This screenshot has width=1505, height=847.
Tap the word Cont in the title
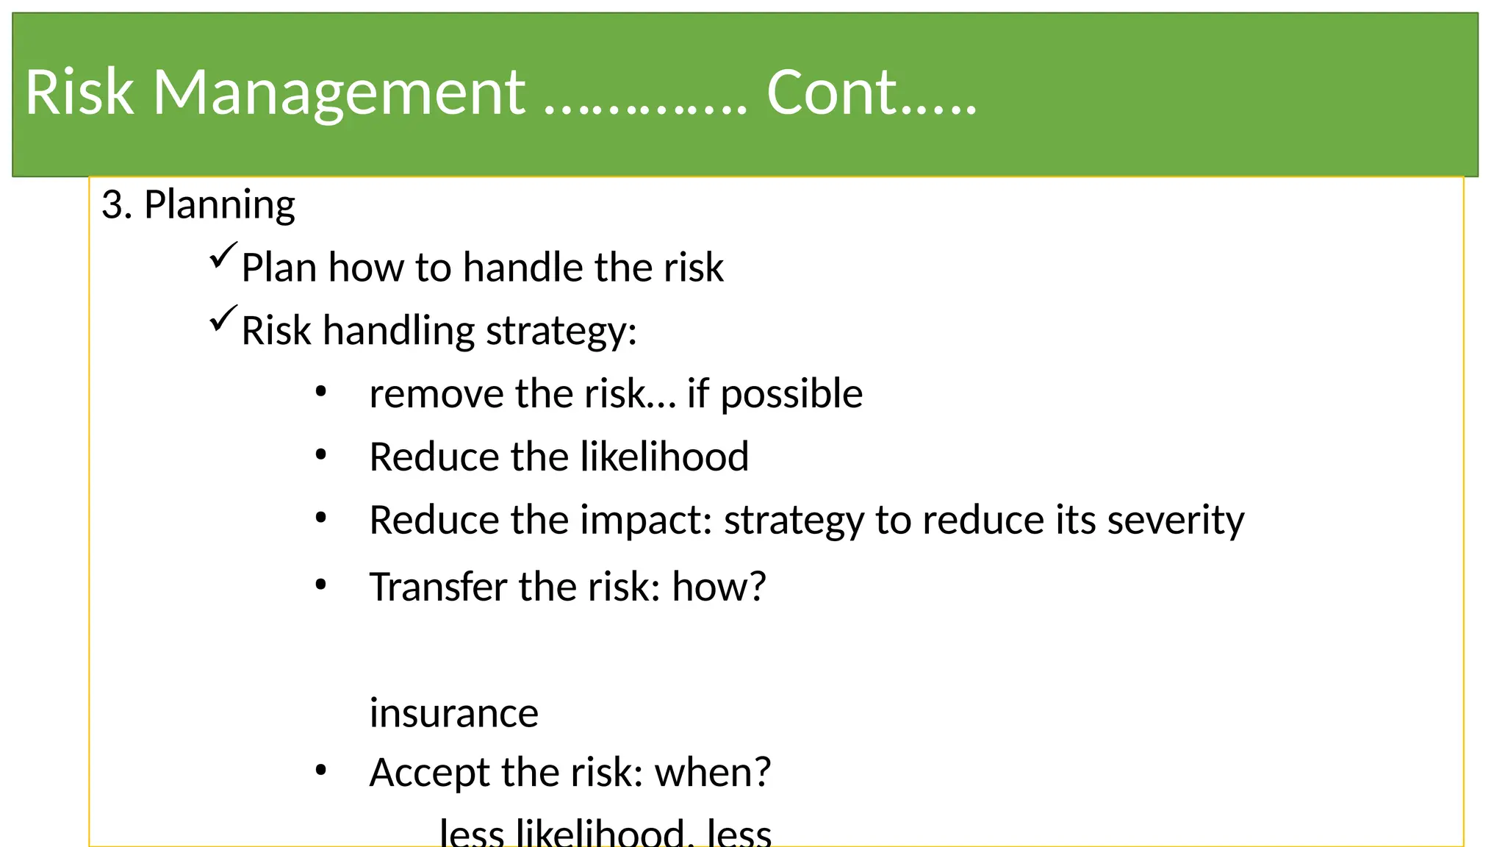point(831,93)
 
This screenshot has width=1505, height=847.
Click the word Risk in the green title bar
point(79,93)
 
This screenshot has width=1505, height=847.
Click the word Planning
point(219,206)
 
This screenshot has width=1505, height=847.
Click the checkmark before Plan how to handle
point(223,256)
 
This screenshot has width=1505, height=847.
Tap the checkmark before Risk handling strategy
point(223,319)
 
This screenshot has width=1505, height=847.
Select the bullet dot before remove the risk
point(320,393)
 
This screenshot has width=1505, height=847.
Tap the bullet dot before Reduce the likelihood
point(320,456)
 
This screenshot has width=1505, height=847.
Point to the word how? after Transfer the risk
point(718,587)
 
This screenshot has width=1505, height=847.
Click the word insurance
point(453,713)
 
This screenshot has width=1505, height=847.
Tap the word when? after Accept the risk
point(712,772)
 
